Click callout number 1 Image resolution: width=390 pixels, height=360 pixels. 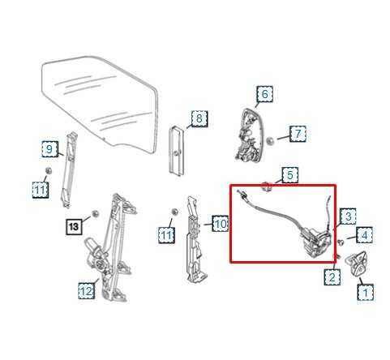pyautogui.click(x=365, y=292)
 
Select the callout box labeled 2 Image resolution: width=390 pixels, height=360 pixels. pyautogui.click(x=332, y=276)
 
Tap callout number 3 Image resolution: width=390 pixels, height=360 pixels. pyautogui.click(x=348, y=216)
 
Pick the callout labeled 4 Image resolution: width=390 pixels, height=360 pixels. pyautogui.click(x=364, y=235)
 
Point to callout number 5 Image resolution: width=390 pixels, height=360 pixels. pyautogui.click(x=289, y=175)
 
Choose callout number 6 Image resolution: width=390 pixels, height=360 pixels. pyautogui.click(x=264, y=94)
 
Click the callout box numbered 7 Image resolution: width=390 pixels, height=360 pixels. pyautogui.click(x=298, y=134)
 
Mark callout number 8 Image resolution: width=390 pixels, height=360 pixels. pyautogui.click(x=199, y=118)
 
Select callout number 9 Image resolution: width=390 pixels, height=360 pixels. pyautogui.click(x=49, y=149)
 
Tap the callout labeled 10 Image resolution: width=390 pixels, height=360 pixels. pyautogui.click(x=221, y=224)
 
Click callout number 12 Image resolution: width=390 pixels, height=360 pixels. pyautogui.click(x=87, y=290)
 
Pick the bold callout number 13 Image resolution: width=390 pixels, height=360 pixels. pyautogui.click(x=74, y=226)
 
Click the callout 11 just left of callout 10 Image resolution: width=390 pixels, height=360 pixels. pyautogui.click(x=166, y=235)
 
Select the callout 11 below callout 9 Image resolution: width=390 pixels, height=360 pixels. pyautogui.click(x=41, y=190)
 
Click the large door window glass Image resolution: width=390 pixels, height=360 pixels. pyautogui.click(x=100, y=103)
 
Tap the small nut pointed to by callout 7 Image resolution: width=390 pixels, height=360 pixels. pyautogui.click(x=269, y=141)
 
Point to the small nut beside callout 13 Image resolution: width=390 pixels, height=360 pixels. pyautogui.click(x=95, y=213)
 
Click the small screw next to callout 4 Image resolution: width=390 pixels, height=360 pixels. pyautogui.click(x=341, y=242)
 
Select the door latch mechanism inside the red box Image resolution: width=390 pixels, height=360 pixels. pyautogui.click(x=315, y=242)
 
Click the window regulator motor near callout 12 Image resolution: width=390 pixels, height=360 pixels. pyautogui.click(x=95, y=250)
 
